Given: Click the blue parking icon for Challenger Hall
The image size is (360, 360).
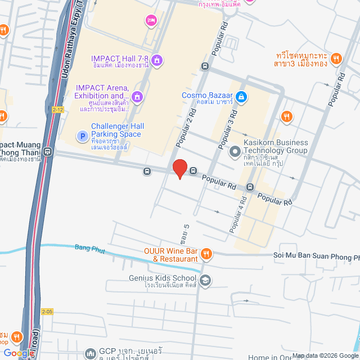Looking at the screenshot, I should pos(82,136).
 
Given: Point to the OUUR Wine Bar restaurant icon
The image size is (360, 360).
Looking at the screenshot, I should pos(206,254).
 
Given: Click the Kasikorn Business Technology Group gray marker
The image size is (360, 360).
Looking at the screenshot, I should pos(235,151).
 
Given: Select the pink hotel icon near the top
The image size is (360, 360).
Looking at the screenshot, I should pos(151,21).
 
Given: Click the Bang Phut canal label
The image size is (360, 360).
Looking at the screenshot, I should pos(89,247).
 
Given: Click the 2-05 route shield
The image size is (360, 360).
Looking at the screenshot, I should pos(48,310).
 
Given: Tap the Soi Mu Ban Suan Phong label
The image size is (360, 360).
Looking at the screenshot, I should pos(316,257).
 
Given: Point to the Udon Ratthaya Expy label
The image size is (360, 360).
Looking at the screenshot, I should pos(70,34).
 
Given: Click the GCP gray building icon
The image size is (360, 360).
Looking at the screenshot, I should pos(90,353).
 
